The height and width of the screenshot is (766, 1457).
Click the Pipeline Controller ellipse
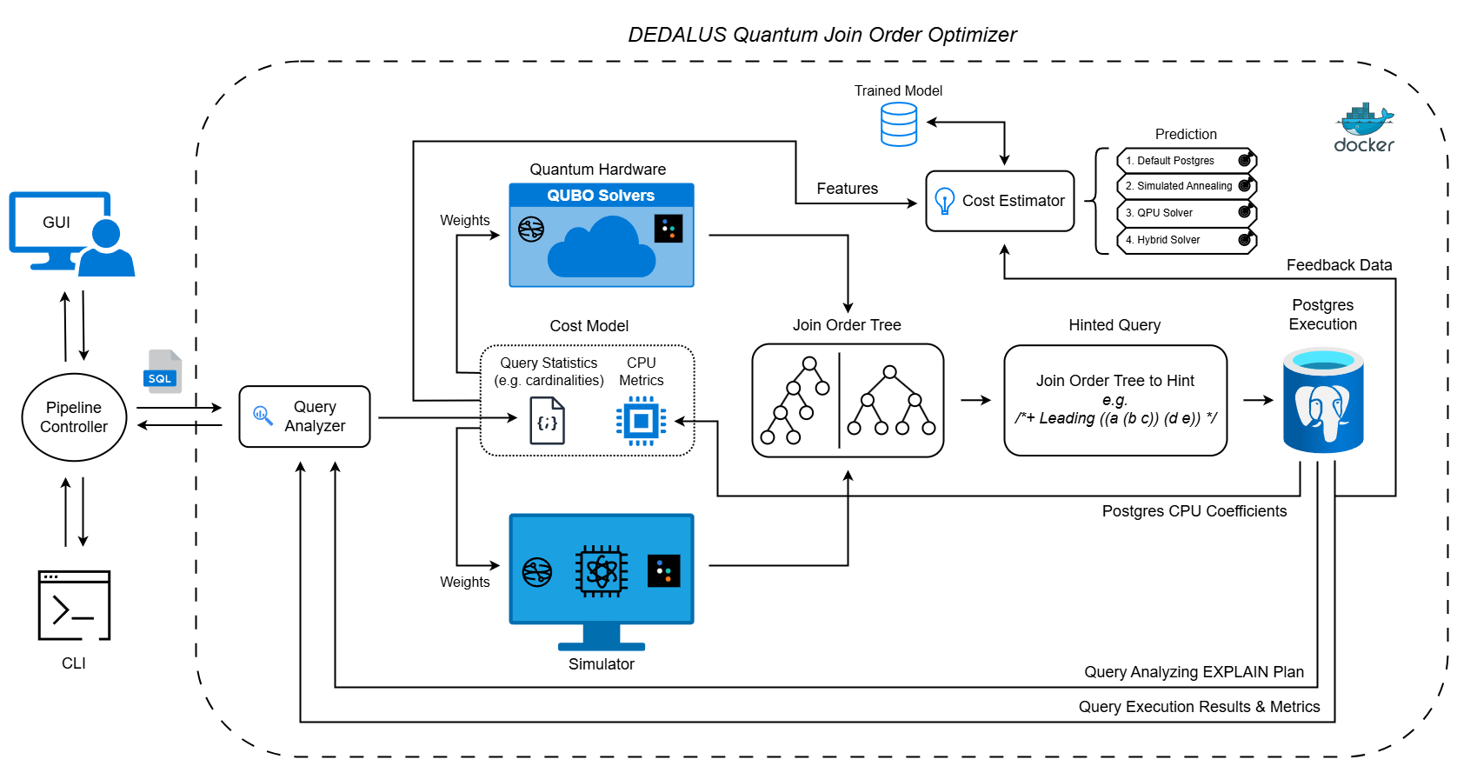click(x=74, y=417)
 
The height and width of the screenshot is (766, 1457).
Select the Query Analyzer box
click(x=304, y=416)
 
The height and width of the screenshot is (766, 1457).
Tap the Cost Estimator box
click(x=1000, y=201)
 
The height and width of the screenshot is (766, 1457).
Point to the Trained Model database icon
click(x=899, y=124)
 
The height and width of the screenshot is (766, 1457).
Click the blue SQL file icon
click(x=163, y=372)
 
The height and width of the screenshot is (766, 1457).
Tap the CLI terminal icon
click(x=74, y=605)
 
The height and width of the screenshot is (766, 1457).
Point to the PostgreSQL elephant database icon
click(x=1323, y=401)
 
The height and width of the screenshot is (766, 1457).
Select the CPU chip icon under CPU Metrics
click(x=642, y=422)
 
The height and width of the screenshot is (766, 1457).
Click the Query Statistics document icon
click(x=547, y=421)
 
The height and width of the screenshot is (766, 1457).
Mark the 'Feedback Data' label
click(x=1339, y=265)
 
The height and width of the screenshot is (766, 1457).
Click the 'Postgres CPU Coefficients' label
click(x=1194, y=511)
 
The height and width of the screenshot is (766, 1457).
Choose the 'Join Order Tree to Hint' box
click(x=1115, y=400)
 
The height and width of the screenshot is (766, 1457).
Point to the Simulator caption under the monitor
click(x=601, y=664)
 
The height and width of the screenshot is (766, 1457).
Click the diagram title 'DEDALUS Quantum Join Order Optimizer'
click(x=822, y=35)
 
